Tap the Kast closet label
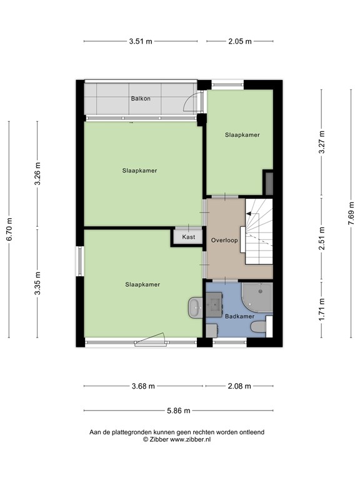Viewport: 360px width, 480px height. (x=189, y=237)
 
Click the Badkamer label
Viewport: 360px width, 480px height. (x=239, y=316)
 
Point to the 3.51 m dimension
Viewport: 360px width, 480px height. (x=141, y=42)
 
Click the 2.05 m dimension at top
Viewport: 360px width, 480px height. (x=240, y=42)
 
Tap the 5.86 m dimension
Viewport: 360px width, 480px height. (x=178, y=411)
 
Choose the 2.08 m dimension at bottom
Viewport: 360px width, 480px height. (x=239, y=386)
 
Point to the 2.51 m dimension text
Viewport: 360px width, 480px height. (x=321, y=238)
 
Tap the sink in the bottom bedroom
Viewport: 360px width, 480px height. (x=193, y=306)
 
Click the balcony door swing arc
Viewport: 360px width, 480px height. (x=195, y=102)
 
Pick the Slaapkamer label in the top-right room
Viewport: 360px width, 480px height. (x=242, y=134)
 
